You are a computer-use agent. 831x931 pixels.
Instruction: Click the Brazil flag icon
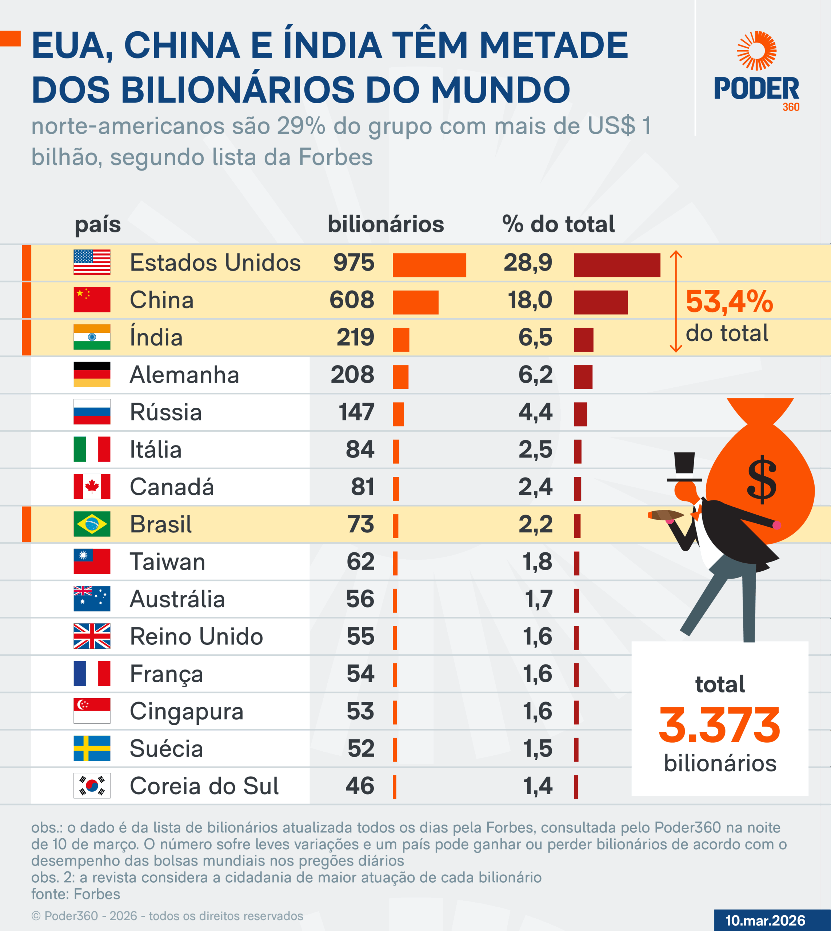92,524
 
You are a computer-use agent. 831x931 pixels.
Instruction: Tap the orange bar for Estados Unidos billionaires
429,265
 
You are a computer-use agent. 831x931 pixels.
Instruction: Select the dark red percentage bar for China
600,302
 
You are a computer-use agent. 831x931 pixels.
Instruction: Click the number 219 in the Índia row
355,337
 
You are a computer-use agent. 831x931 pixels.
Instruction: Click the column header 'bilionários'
385,224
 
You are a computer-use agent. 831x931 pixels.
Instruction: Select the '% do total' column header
558,224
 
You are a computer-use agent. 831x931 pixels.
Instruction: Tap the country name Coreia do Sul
204,786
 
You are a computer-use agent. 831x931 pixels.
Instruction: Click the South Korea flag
92,786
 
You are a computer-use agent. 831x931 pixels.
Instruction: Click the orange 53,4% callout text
729,302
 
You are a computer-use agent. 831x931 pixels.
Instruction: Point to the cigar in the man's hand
665,515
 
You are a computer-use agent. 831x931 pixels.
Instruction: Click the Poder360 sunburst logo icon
756,51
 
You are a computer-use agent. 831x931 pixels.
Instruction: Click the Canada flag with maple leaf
92,487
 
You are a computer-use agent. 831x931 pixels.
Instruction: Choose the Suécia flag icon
92,748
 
